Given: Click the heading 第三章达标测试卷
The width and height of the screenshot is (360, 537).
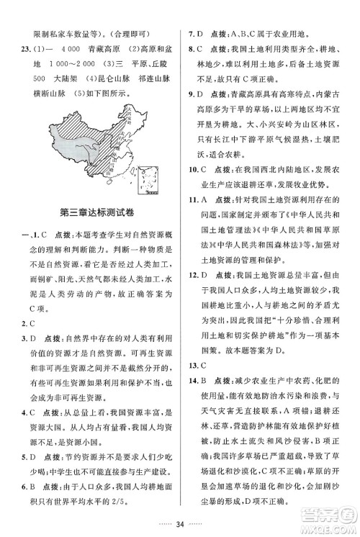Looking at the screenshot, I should (98, 211).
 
